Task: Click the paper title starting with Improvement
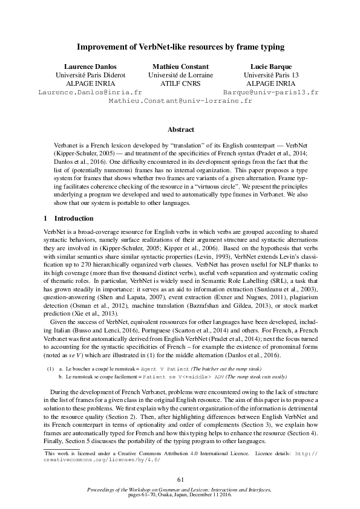(x=180, y=46)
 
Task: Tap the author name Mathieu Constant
(x=180, y=66)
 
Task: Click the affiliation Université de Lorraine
(x=180, y=75)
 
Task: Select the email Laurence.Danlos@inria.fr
(x=90, y=92)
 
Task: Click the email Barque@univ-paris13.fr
(x=270, y=92)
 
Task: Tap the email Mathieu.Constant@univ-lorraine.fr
(x=180, y=102)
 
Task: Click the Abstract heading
(x=180, y=129)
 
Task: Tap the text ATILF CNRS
(x=180, y=83)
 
